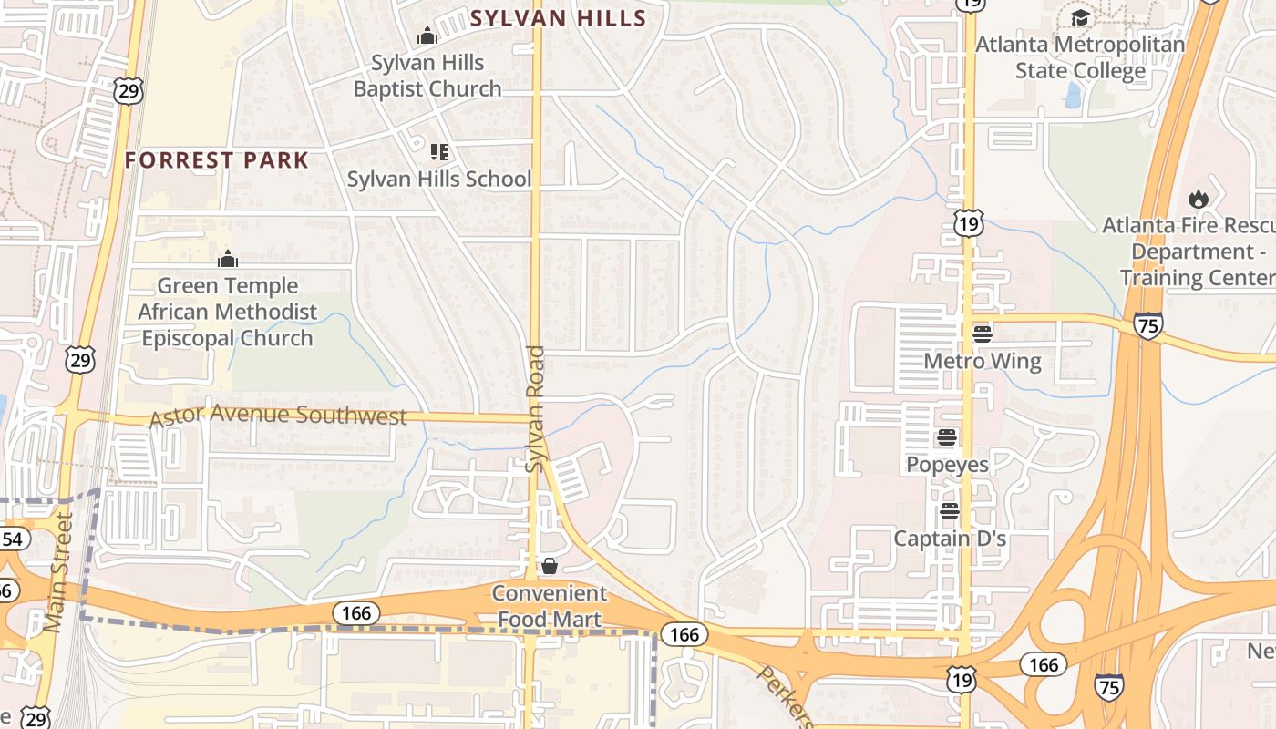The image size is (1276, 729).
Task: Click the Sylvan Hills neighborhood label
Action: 558,18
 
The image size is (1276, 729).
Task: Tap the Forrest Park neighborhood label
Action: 217,160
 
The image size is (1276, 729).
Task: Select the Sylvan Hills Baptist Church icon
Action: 427,36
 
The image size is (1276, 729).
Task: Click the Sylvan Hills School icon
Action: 439,151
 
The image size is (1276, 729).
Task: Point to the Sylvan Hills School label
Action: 438,179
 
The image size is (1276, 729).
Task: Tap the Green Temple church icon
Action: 227,260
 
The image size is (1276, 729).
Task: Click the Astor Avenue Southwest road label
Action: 277,416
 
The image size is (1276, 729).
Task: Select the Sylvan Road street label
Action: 535,408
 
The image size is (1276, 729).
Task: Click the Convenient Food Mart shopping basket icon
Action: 550,566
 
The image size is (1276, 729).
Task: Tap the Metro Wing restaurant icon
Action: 982,334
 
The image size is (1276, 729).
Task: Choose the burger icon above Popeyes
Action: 946,437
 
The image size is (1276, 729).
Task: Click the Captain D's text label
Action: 950,539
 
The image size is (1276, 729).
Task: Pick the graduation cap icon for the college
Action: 1080,17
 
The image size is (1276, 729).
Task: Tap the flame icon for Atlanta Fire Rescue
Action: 1199,198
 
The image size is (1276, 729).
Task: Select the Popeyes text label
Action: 947,465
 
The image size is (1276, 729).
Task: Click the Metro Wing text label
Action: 982,362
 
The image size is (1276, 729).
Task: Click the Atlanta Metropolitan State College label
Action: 1080,57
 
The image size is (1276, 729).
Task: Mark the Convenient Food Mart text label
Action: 550,607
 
